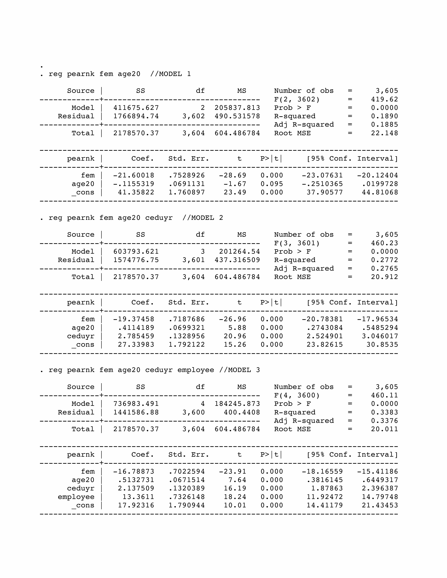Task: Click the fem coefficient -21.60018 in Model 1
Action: point(134,175)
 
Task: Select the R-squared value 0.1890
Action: point(384,116)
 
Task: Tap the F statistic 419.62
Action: point(384,99)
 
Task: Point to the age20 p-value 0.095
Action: point(272,184)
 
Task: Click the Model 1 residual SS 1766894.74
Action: point(136,116)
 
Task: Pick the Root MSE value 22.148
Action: point(384,133)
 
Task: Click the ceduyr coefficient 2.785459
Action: point(136,336)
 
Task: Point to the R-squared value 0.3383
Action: point(384,412)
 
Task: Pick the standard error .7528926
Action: point(187,175)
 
